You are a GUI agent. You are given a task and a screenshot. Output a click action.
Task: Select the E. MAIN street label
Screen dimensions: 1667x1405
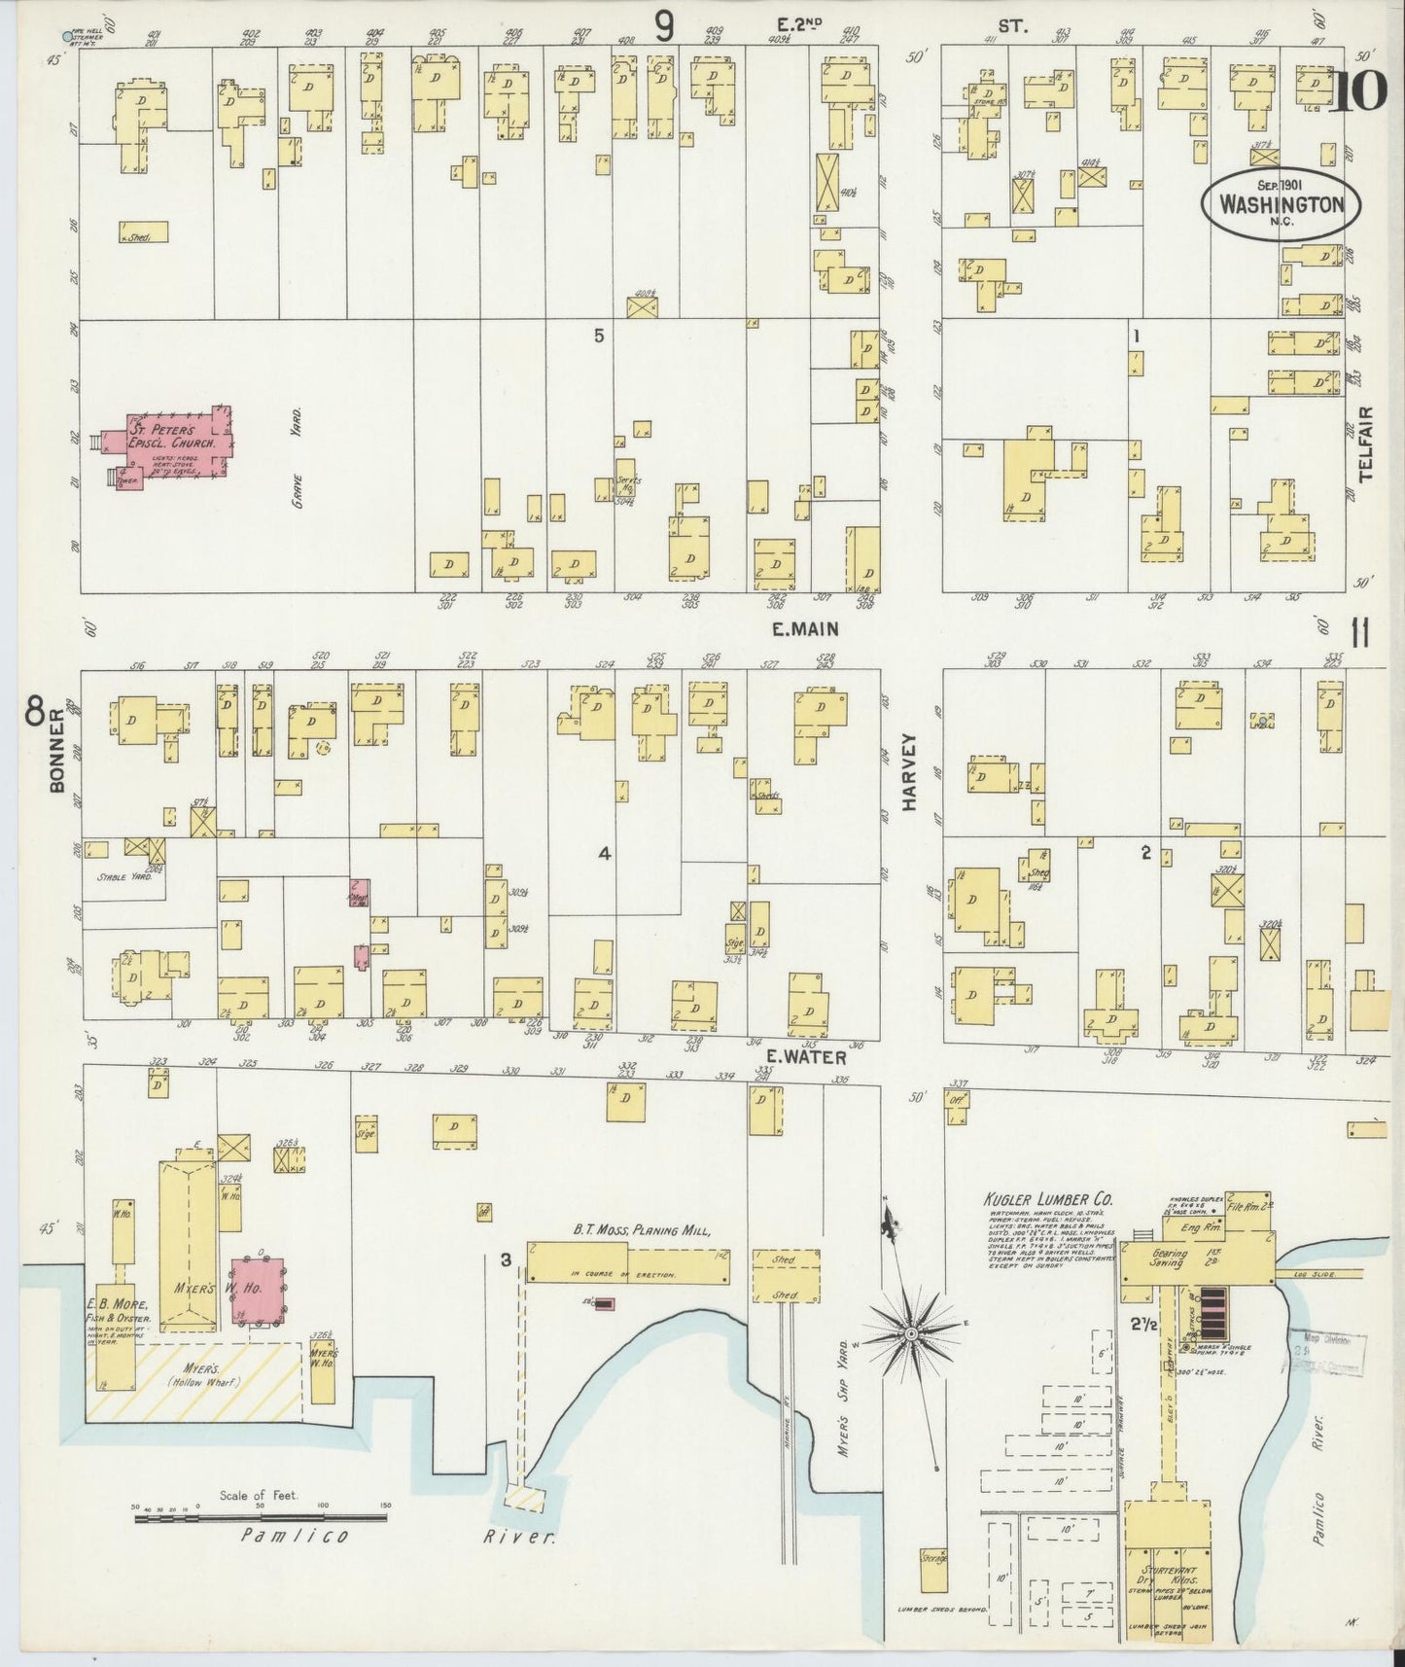click(x=804, y=629)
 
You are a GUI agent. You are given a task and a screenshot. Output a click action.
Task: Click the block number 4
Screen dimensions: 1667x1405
click(x=604, y=853)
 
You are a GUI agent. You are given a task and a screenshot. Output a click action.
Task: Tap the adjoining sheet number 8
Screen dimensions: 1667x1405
click(x=34, y=715)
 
